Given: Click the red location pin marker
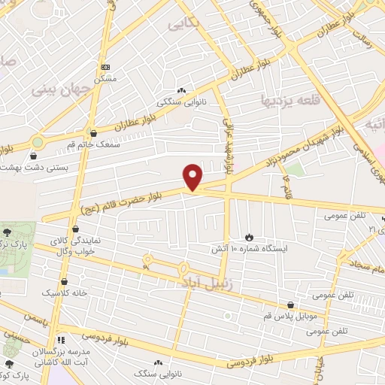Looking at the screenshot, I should [194, 177].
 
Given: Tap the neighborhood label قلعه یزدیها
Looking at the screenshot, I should [287, 99].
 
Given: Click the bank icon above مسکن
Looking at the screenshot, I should [105, 67].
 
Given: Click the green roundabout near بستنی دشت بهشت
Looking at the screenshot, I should [37, 141].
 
